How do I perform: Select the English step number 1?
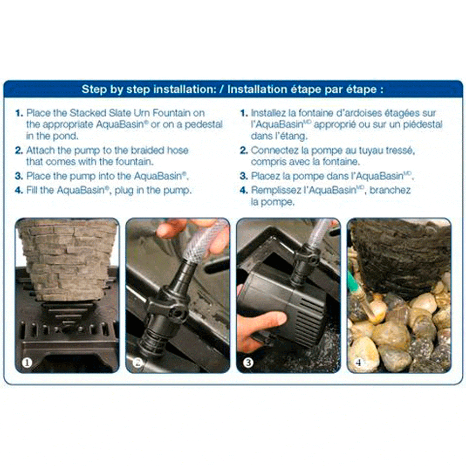tap(19, 113)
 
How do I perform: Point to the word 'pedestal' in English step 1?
tap(204, 124)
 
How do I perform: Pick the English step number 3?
tap(19, 176)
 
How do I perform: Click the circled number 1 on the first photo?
tap(27, 363)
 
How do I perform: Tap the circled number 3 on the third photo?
tap(248, 363)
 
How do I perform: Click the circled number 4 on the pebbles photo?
tap(358, 363)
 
